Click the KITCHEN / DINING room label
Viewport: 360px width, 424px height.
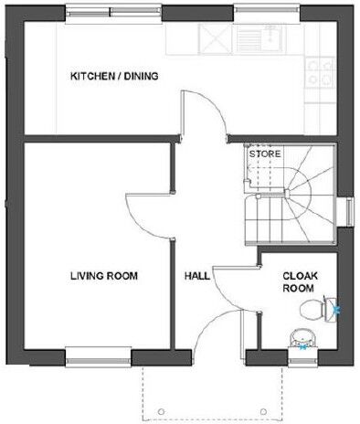pos(114,77)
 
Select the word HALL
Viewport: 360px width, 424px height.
pos(197,275)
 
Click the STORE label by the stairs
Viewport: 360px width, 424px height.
pos(265,154)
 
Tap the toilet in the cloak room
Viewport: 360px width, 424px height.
pos(320,309)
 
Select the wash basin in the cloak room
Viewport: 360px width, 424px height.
pos(302,340)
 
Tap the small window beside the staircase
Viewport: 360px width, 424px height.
pos(348,210)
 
